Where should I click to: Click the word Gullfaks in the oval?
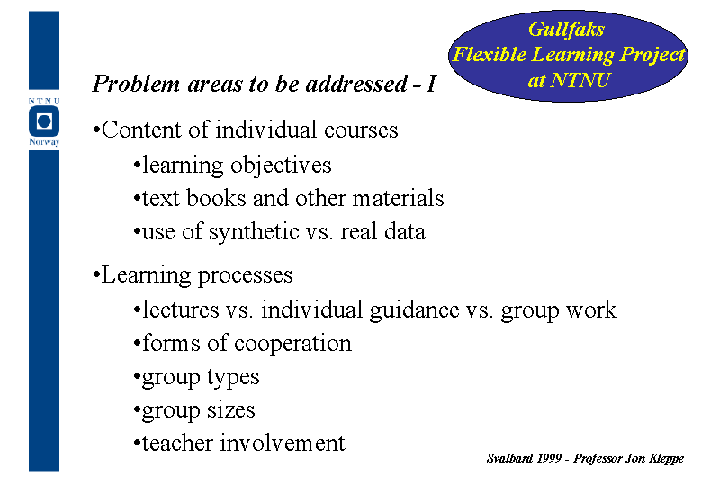[566, 31]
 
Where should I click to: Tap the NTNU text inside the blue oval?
[580, 80]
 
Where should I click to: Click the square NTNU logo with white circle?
[44, 121]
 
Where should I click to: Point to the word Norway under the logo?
[44, 142]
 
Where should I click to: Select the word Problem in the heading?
[136, 84]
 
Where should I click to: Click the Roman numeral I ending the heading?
[431, 84]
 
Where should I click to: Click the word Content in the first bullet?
[141, 130]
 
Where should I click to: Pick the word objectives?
[281, 166]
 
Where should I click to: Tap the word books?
[216, 198]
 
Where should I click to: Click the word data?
[405, 231]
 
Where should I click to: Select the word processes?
[245, 276]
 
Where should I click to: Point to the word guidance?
[414, 310]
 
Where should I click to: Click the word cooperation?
[292, 344]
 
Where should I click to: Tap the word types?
[232, 378]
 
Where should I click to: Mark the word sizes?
[230, 410]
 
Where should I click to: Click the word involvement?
[282, 443]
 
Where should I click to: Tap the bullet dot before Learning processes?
[95, 274]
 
